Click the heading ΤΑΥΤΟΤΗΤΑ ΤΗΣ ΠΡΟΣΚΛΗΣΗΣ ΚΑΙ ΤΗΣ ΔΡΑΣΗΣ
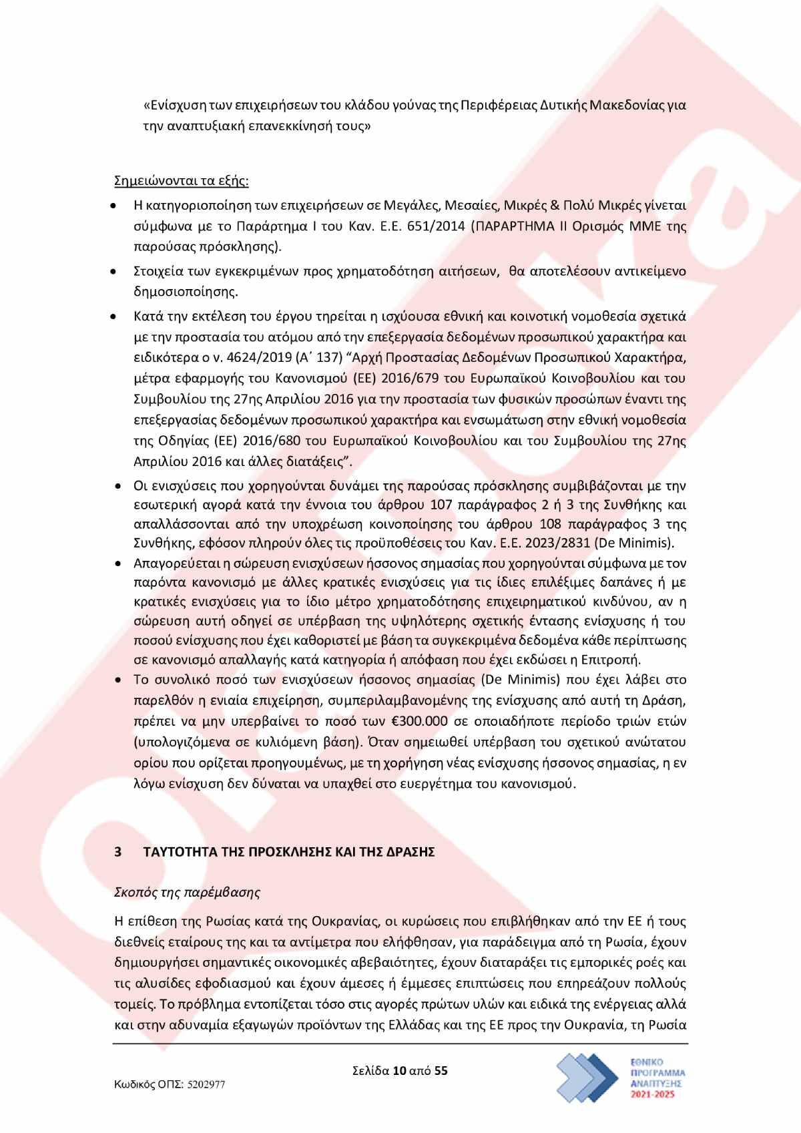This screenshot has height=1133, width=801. (x=289, y=852)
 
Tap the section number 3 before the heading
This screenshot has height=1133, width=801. (x=118, y=852)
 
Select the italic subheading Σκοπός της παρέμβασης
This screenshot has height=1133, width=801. (x=187, y=892)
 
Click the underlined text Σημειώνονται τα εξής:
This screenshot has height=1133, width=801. (x=182, y=181)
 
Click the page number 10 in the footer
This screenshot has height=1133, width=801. (x=400, y=1071)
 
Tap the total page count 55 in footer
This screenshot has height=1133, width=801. (x=441, y=1071)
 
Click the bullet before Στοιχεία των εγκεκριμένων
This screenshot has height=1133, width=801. (x=115, y=272)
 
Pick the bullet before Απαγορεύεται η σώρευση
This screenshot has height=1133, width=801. (x=118, y=564)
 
